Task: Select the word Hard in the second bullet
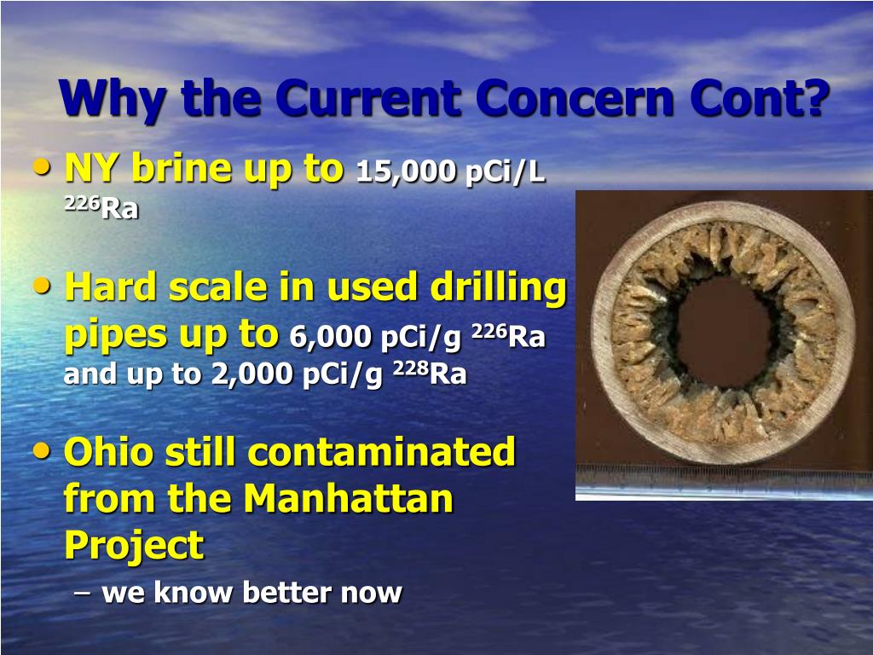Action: (x=113, y=288)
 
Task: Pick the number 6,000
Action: (x=331, y=338)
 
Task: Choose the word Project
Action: (x=134, y=546)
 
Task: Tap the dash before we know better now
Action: (x=83, y=591)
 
